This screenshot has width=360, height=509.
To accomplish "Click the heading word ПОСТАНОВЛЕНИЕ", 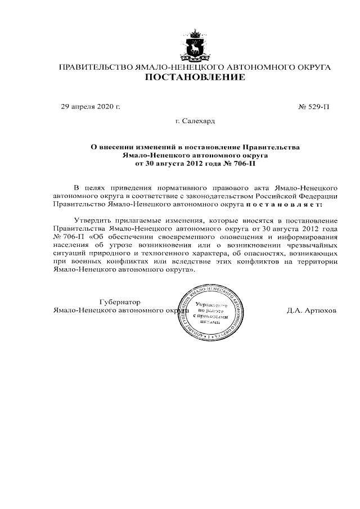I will [x=195, y=78].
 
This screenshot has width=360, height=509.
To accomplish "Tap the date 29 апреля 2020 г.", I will [x=91, y=106].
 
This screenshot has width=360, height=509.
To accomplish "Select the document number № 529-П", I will [x=314, y=106].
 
